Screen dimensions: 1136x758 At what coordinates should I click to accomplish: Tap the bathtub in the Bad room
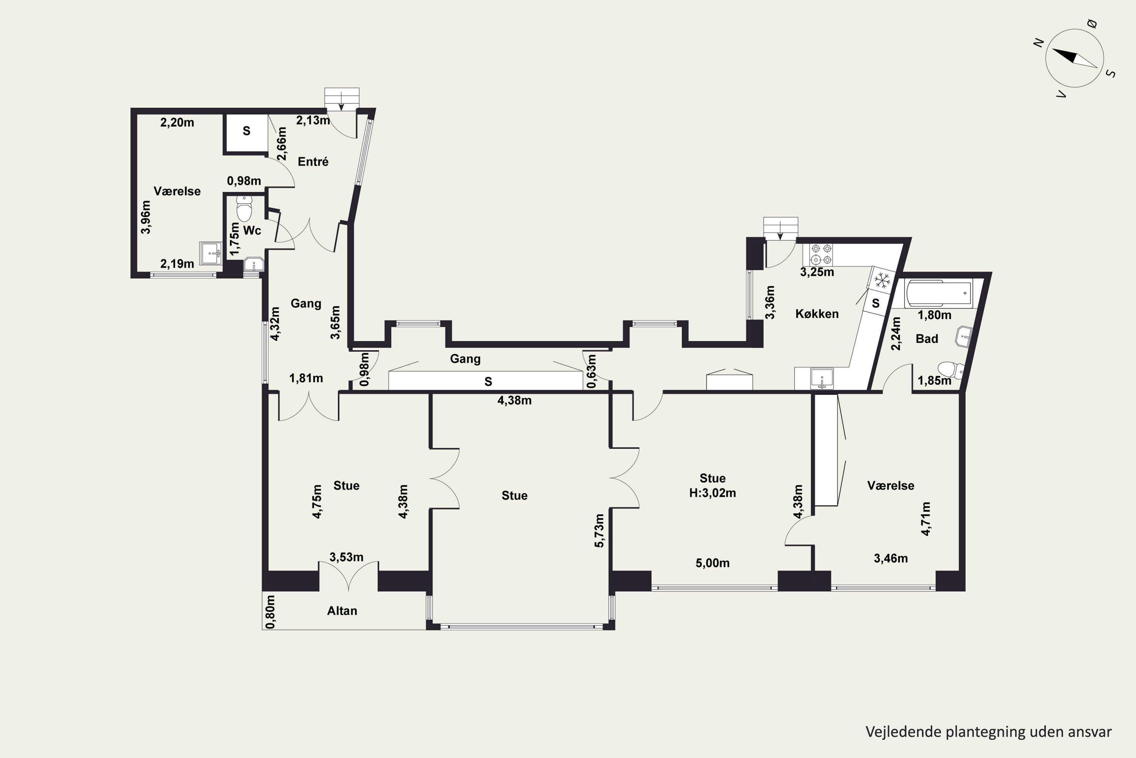[939, 293]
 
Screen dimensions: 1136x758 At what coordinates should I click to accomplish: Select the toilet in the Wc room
[244, 208]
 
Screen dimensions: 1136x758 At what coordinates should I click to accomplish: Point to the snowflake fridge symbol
[883, 280]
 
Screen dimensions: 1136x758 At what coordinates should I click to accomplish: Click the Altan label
[342, 611]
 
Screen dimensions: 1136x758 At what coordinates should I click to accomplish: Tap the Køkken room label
[817, 314]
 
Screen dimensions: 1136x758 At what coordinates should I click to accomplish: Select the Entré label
[313, 161]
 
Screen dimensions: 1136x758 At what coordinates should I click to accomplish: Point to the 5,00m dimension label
[712, 563]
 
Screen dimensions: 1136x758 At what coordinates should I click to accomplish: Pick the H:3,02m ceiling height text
[712, 493]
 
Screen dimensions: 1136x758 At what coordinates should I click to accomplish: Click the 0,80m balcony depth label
[270, 612]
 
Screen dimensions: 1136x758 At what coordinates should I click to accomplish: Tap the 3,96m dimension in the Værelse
[145, 217]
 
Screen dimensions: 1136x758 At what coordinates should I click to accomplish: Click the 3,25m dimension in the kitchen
[817, 272]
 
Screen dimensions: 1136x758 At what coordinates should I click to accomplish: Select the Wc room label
[252, 230]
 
